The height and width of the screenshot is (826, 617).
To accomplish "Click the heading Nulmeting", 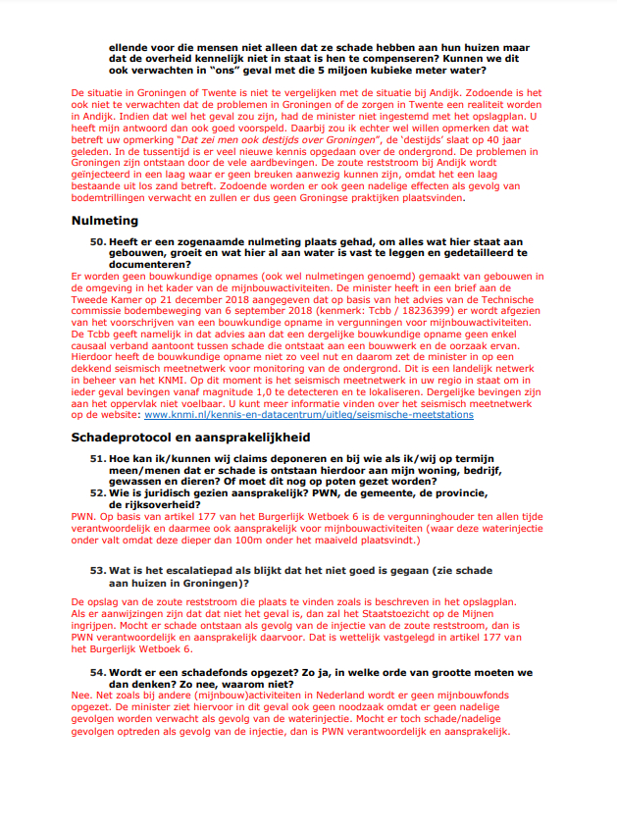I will tap(105, 221).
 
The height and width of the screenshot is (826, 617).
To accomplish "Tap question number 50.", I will tap(97, 240).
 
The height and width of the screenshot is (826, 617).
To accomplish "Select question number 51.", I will tap(97, 458).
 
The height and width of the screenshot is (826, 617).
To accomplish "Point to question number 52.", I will tap(97, 493).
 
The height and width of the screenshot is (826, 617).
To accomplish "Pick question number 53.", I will tap(97, 570).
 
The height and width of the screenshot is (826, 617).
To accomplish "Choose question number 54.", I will tap(97, 672).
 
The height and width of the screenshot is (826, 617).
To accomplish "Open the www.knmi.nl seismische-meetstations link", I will tap(309, 415).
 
